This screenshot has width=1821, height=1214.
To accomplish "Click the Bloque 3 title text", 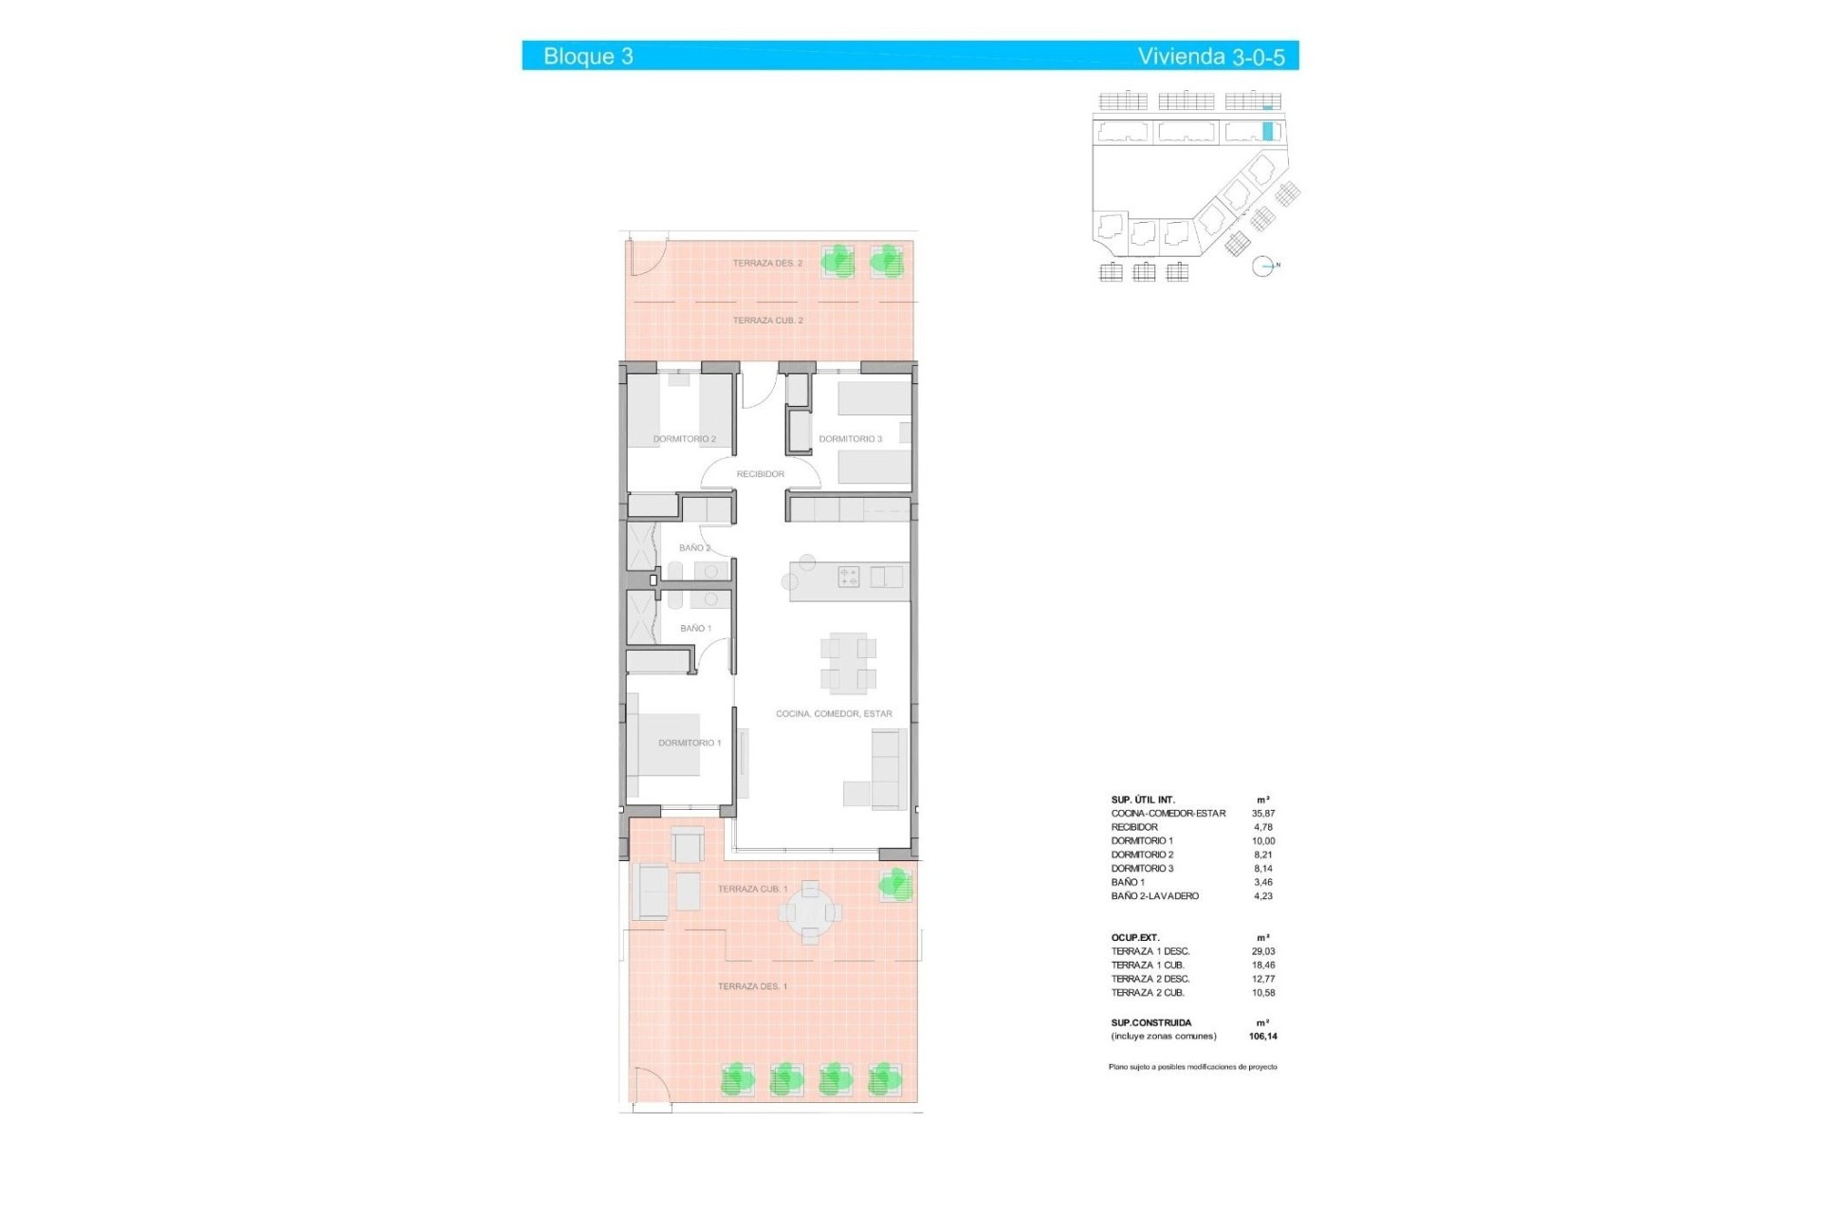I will coord(588,56).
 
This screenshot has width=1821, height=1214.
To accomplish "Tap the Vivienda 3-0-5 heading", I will coord(1210,57).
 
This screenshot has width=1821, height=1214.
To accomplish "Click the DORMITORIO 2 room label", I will coord(684,439).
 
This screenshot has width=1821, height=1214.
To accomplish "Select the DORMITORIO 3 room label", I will coord(850,439).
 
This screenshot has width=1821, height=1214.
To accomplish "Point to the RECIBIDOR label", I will coord(760,474).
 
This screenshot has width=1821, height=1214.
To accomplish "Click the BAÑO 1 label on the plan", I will coord(695,628).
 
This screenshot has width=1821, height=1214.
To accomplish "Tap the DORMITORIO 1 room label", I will coord(690,743).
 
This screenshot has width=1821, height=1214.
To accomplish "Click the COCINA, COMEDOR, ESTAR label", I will coord(834,713).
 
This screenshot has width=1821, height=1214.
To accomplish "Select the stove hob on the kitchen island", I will coord(848,577).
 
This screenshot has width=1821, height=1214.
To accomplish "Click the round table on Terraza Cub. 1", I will coord(810,912).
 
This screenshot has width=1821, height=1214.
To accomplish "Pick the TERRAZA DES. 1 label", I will coord(752,986).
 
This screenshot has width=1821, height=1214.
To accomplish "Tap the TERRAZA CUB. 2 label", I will coord(767,321).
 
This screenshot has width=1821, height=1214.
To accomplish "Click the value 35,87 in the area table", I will coord(1263,814).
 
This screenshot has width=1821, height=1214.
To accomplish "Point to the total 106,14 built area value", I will coord(1262,1037).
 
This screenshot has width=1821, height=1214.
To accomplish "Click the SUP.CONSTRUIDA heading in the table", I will coord(1150,1022).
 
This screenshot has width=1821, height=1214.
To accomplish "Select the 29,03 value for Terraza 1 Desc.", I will coord(1263,951).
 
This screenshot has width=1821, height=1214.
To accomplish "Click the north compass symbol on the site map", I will coord(1262,267).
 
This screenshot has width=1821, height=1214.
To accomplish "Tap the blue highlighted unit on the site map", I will coord(1268,132).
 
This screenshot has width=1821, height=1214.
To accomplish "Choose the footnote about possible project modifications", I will coord(1192,1067).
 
